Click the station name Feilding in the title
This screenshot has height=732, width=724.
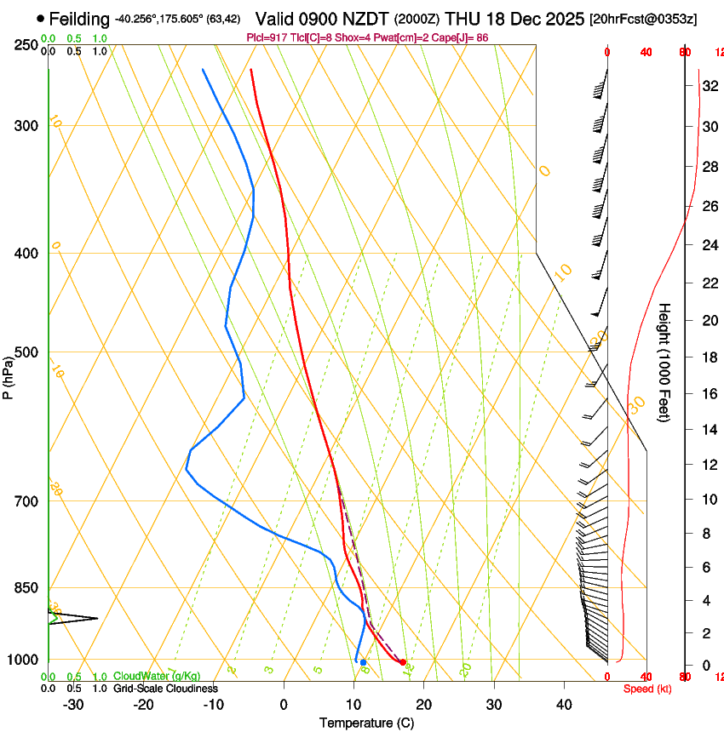tap(79, 19)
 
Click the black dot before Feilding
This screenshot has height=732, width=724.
tap(40, 18)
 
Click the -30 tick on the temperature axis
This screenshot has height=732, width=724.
tap(73, 705)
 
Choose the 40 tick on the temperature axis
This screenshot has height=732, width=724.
tap(564, 705)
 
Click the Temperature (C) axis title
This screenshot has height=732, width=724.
tap(366, 723)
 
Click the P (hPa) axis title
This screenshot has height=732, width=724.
tap(8, 375)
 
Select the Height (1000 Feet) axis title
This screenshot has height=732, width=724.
tap(664, 362)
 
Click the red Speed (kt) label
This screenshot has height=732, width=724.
tap(647, 689)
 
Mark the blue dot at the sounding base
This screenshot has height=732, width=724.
tap(363, 662)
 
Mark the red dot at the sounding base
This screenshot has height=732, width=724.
tap(403, 662)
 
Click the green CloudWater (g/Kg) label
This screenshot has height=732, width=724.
tap(157, 677)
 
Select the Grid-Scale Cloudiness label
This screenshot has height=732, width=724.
tap(165, 689)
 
